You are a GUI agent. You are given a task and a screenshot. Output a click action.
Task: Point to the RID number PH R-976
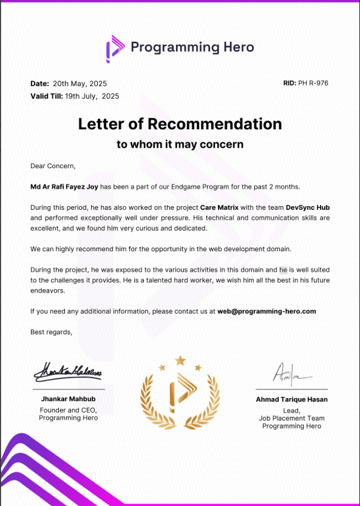313,83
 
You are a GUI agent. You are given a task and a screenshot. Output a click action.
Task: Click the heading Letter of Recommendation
180,124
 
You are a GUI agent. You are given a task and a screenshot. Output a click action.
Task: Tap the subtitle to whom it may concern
180,144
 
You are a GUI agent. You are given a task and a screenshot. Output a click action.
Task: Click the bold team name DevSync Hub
308,207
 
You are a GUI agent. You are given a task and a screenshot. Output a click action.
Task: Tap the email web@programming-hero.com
267,311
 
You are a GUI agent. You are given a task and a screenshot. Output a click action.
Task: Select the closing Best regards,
51,332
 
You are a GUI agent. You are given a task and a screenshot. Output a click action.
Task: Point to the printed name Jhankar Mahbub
68,399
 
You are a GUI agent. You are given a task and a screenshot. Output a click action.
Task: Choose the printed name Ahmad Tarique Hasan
291,399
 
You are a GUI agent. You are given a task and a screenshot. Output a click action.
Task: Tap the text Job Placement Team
291,418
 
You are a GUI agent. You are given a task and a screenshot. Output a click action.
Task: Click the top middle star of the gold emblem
180,361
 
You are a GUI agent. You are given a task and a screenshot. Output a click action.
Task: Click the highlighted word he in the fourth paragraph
283,269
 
